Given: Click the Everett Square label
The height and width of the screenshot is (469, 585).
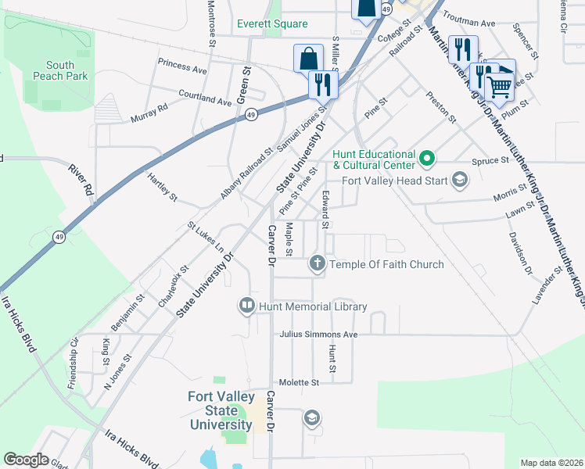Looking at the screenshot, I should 273,23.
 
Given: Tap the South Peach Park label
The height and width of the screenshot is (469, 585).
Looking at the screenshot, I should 59,70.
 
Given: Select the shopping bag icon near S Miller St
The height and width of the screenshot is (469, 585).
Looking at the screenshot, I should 308,59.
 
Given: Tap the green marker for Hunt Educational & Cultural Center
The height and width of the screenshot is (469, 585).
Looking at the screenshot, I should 427,159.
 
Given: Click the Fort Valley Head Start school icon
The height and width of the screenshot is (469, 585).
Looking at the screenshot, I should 460,181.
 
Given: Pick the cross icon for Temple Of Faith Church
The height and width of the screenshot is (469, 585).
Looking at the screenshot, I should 318,263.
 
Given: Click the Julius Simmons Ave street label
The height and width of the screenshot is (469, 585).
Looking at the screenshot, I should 318,335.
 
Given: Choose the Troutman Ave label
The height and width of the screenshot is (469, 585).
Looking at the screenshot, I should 469,23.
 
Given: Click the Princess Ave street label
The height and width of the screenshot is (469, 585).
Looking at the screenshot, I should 181,66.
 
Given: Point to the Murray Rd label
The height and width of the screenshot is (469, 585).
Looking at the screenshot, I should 149,113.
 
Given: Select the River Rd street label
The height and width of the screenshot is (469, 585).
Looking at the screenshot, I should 81,181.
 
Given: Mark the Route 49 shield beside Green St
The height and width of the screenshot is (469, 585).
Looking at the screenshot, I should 250,115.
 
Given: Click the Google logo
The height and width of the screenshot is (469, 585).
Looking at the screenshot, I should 26,460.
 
